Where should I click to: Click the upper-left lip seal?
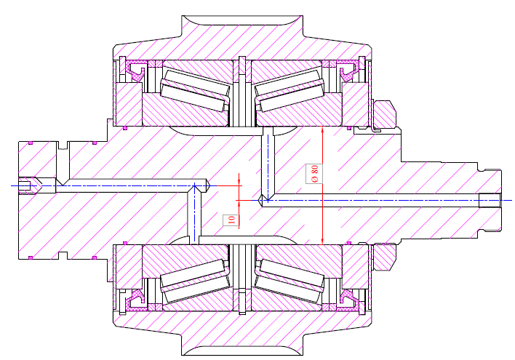(135, 71)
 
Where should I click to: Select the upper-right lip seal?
(348, 71)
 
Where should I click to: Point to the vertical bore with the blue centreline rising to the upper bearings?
(267, 164)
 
